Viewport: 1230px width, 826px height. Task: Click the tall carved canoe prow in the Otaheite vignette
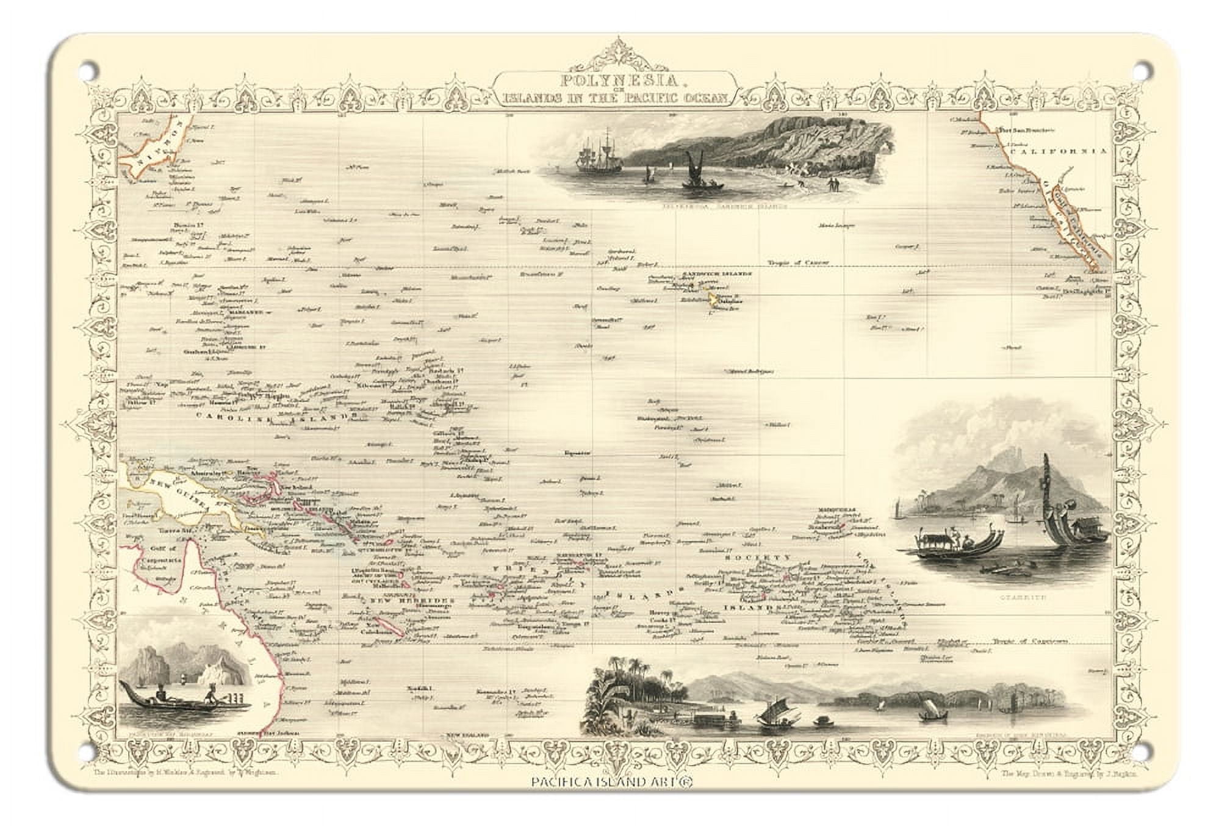[x=1047, y=488]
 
